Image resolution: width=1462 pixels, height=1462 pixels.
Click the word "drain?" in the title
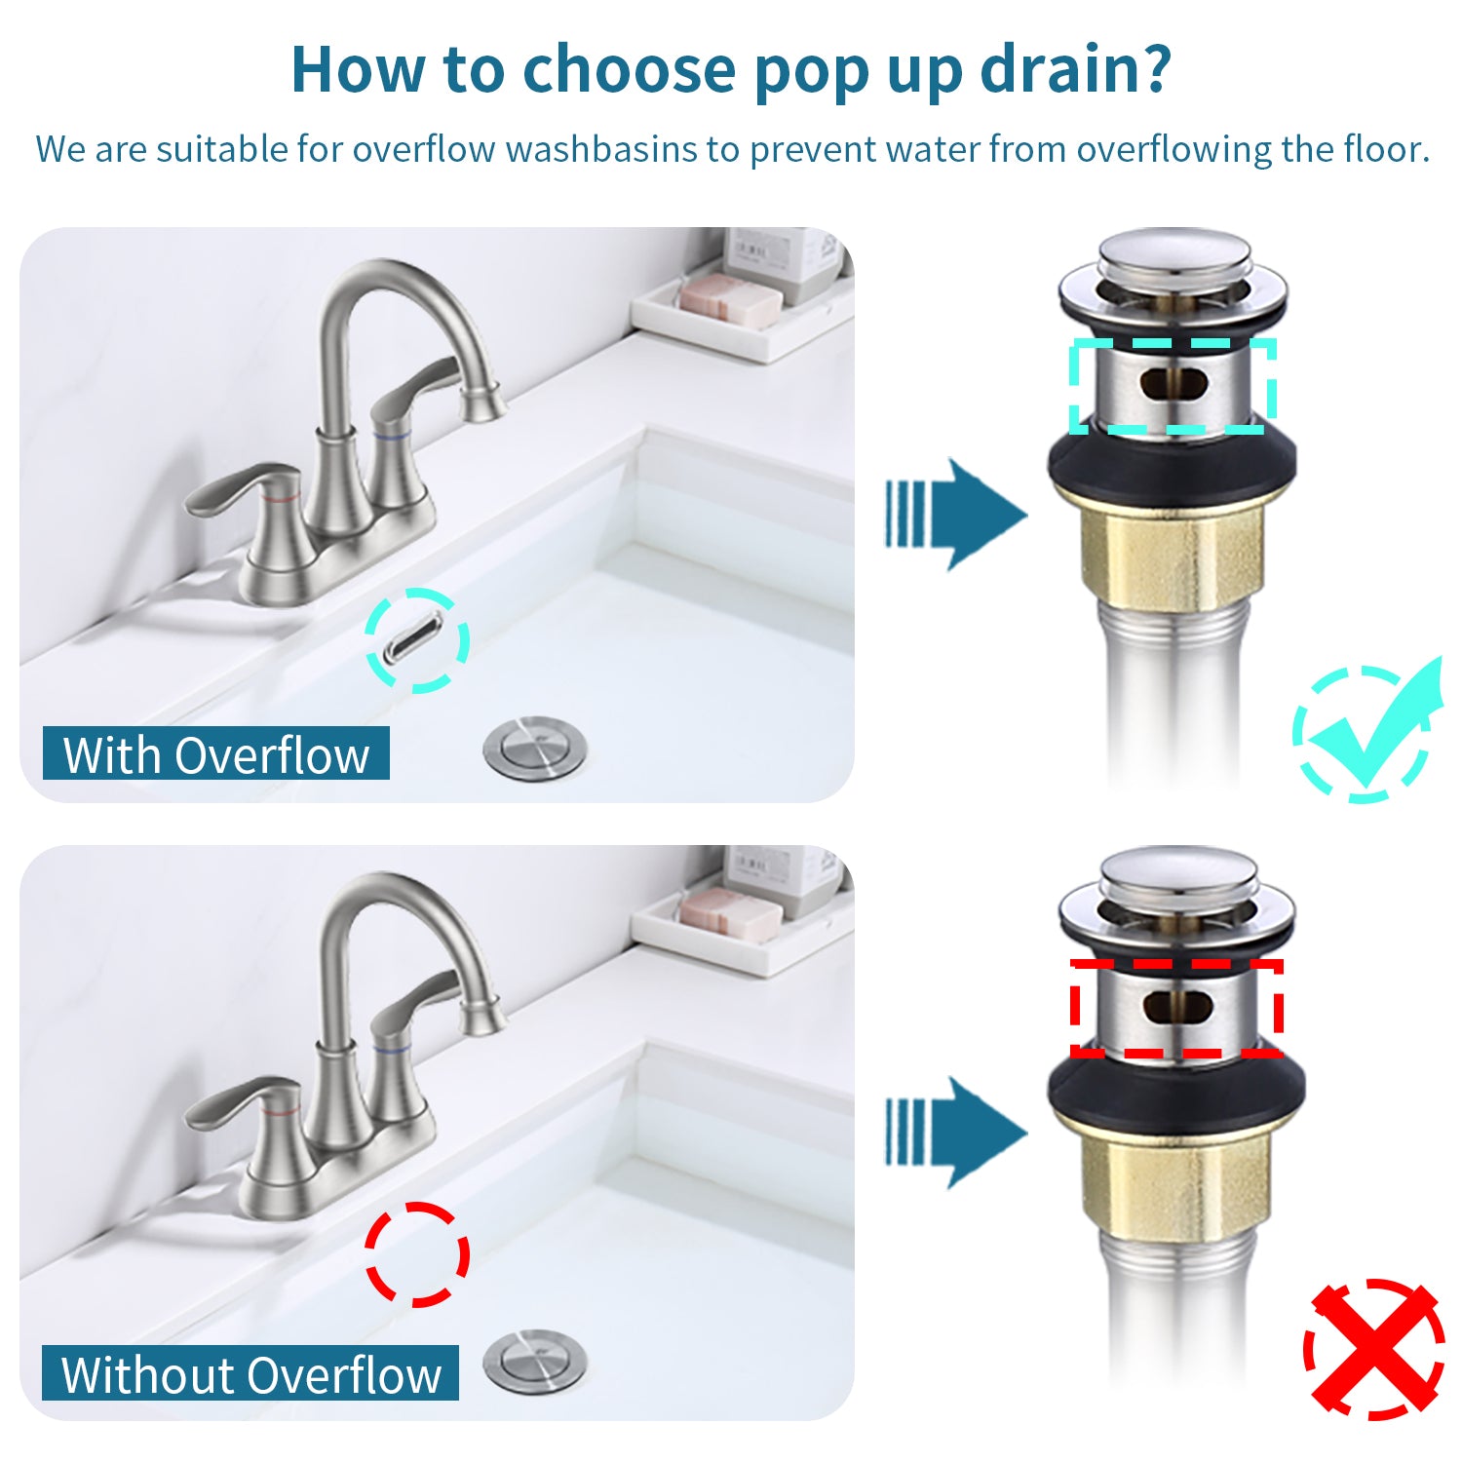tap(1074, 70)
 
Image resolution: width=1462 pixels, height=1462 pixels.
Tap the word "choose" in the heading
tap(629, 70)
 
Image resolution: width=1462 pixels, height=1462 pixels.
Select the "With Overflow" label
tap(216, 754)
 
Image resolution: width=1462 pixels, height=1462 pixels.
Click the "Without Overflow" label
tap(250, 1373)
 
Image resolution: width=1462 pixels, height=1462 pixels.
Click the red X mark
tap(1374, 1349)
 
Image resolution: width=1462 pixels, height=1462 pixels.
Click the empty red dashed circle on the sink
tap(417, 1254)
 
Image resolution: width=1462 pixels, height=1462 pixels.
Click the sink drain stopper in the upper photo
tap(535, 748)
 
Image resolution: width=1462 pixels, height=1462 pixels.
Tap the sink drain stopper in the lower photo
tap(535, 1361)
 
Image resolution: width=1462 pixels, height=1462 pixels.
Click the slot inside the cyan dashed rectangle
tap(1173, 384)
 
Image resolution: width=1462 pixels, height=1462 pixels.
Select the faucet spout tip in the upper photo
tap(482, 404)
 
